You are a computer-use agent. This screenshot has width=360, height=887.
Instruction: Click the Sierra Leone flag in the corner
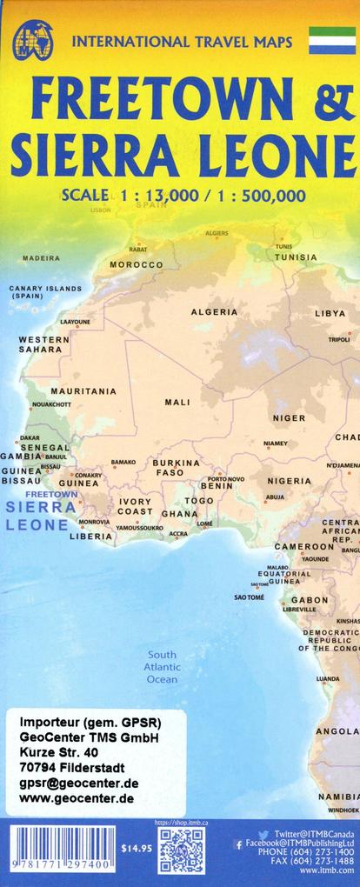click(332, 40)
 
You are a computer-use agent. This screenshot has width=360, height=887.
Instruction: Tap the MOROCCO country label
click(136, 264)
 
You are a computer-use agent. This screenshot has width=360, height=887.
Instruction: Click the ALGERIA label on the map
click(214, 311)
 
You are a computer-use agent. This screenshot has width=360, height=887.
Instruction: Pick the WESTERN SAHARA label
click(43, 344)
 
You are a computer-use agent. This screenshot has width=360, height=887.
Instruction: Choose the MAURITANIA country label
click(83, 391)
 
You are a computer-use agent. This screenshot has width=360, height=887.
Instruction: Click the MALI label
click(177, 403)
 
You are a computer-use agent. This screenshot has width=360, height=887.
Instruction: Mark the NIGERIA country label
click(289, 481)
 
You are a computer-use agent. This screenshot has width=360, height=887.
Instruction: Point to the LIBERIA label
click(91, 537)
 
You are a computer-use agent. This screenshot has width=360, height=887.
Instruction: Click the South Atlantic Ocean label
click(162, 666)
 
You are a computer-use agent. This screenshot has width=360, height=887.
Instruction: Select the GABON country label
click(310, 600)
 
